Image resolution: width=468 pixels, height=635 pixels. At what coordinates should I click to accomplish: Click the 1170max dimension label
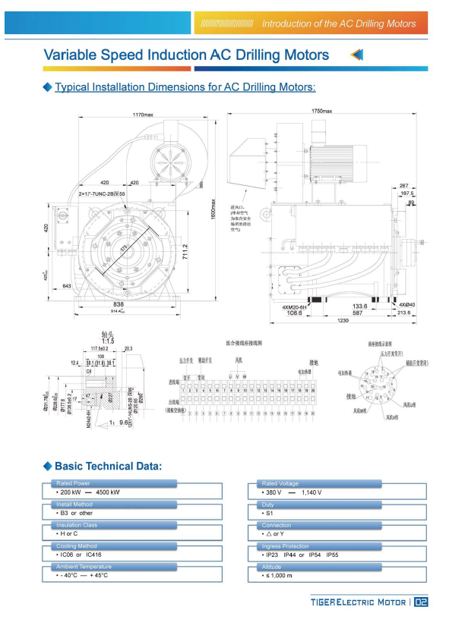tap(143, 115)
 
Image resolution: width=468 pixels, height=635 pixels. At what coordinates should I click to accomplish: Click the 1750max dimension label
tap(322, 112)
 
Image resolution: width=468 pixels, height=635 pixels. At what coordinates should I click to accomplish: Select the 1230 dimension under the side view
tap(344, 320)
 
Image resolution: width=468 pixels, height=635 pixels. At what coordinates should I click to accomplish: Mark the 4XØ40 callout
tap(406, 304)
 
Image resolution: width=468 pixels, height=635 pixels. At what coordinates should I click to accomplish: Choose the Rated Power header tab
tap(72, 483)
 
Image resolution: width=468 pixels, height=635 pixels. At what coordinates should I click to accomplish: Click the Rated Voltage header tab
tap(280, 483)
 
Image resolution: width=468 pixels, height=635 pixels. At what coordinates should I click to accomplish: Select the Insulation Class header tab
tap(76, 525)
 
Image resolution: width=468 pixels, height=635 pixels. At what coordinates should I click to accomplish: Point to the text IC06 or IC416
tap(78, 555)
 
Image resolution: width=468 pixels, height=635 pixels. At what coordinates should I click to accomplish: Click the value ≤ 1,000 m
tap(278, 576)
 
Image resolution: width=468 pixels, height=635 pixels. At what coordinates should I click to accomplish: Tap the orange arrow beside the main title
tap(357, 55)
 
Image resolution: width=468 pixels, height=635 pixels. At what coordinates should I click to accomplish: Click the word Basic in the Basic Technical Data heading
tap(72, 466)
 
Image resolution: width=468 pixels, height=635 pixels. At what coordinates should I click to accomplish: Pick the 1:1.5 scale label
tap(108, 341)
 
